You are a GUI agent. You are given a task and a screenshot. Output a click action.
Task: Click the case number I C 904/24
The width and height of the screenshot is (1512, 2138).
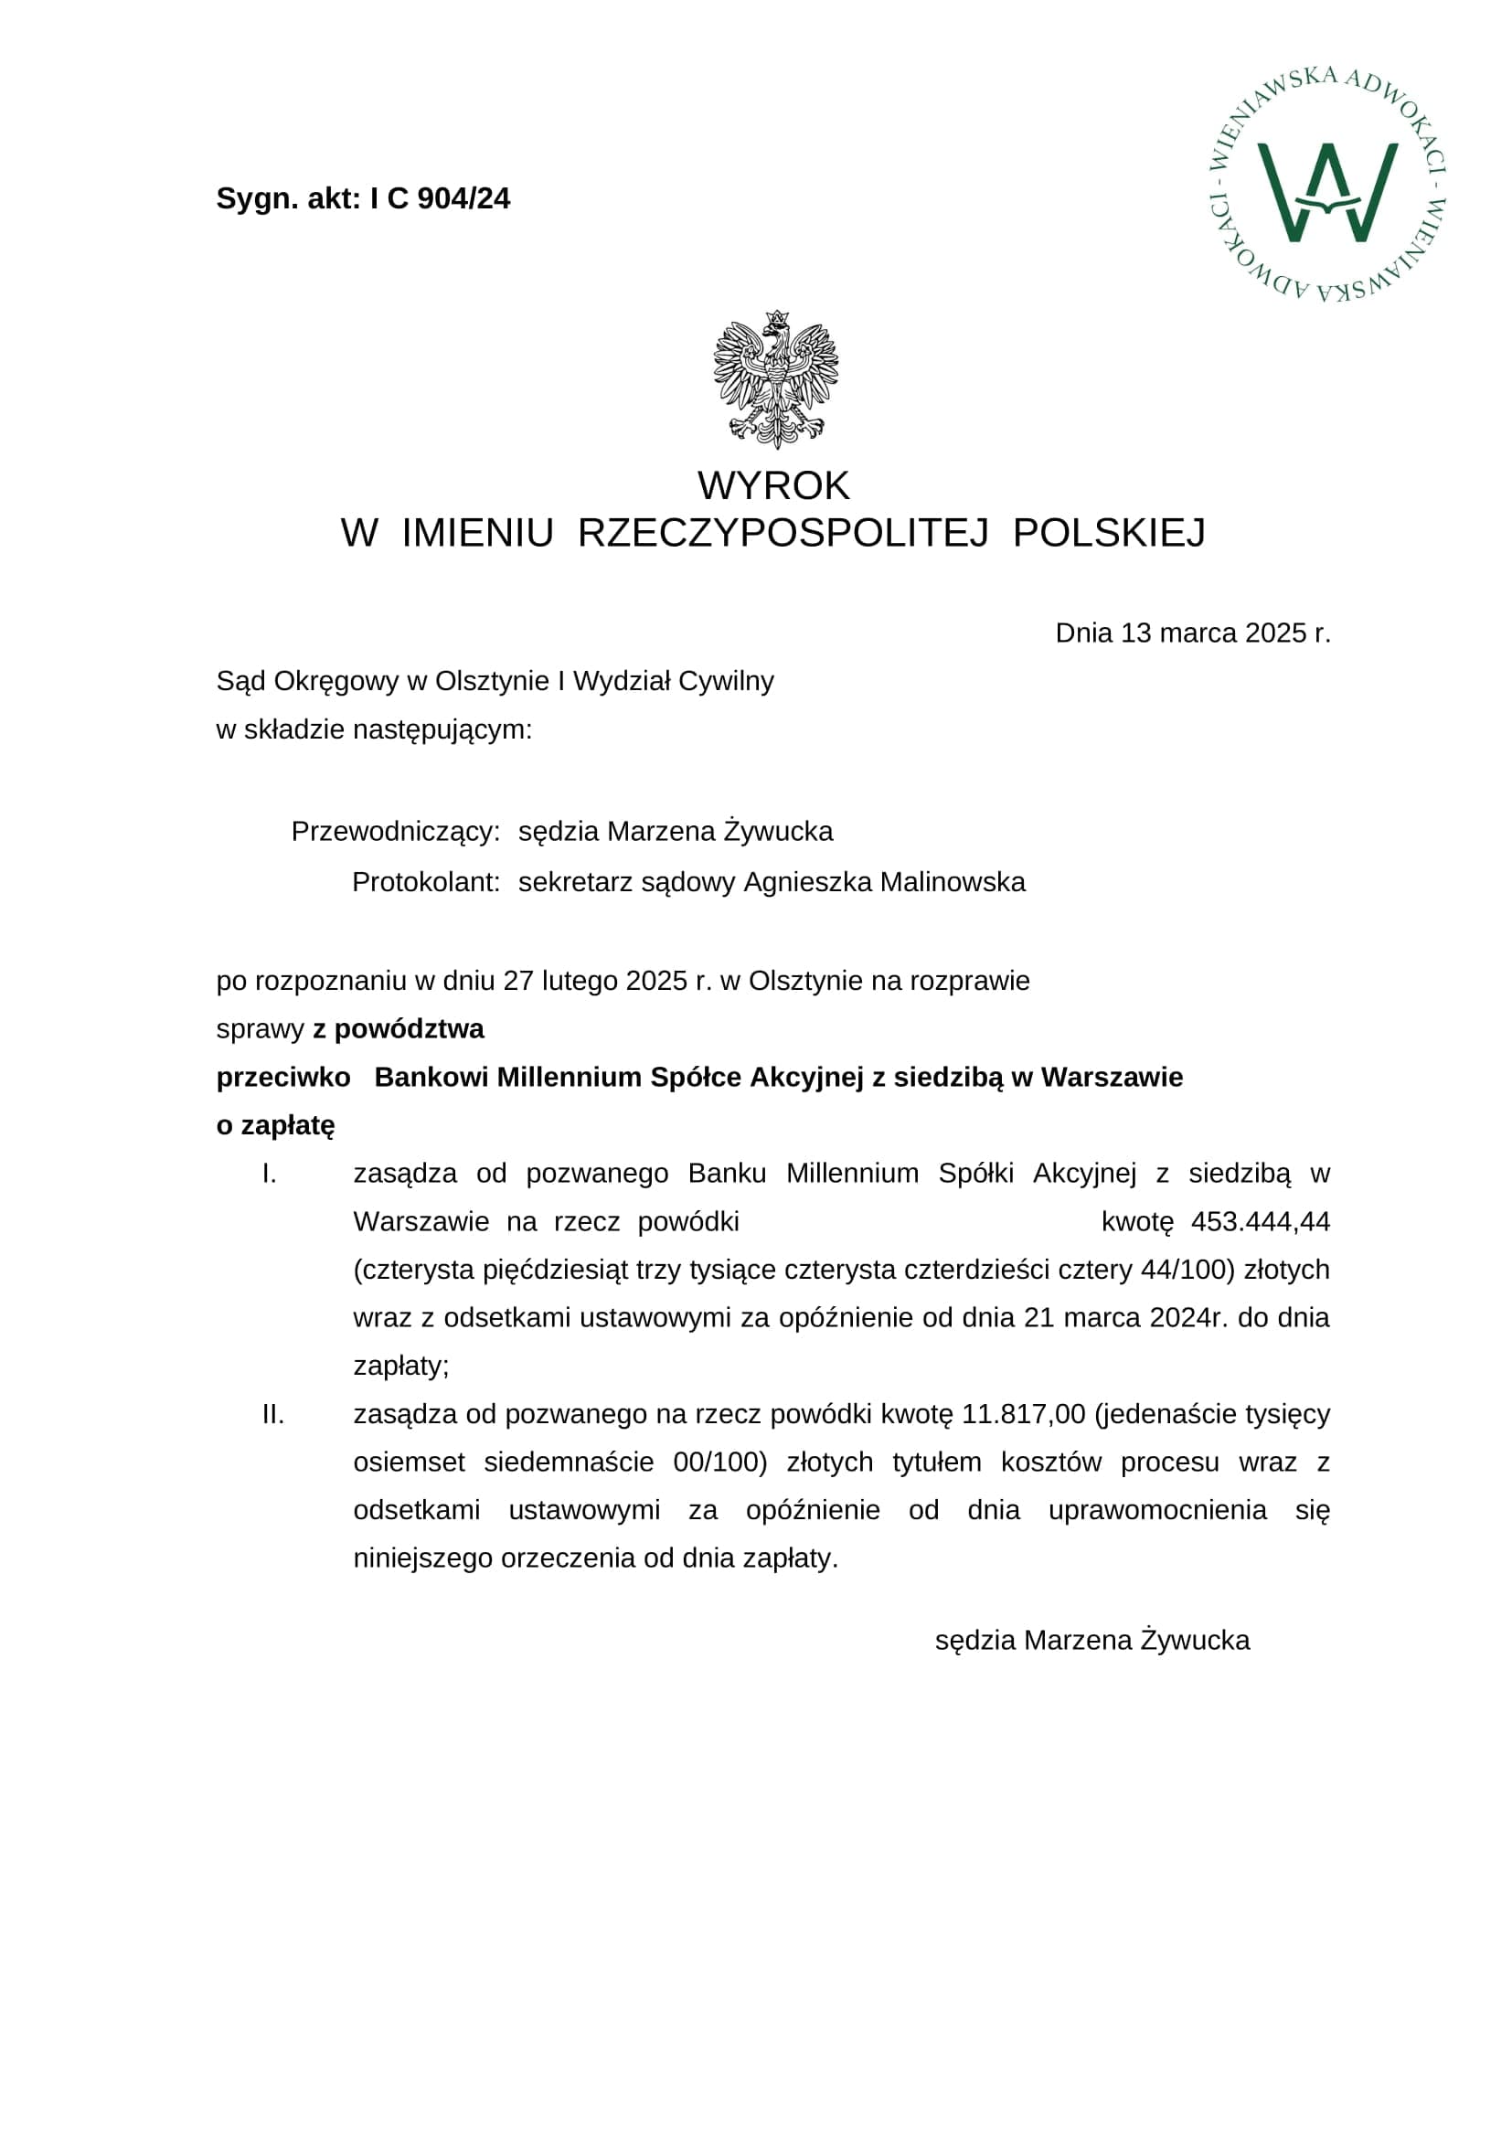(440, 199)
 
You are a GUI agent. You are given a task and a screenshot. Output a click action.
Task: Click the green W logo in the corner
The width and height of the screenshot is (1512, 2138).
(1326, 191)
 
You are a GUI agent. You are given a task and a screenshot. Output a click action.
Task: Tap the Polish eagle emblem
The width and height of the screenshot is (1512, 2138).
(775, 379)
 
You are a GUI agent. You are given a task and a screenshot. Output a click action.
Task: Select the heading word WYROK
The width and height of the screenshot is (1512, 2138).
(772, 486)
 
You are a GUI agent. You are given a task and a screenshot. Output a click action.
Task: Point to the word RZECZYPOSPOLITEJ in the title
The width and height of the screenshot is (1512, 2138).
(783, 534)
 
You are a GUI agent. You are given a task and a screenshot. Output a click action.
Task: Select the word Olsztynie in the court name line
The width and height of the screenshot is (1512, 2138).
(492, 682)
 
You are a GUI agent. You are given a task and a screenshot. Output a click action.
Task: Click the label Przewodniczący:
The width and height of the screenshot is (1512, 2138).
(396, 832)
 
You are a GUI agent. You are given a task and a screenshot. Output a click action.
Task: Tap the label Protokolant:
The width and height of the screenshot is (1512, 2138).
(425, 882)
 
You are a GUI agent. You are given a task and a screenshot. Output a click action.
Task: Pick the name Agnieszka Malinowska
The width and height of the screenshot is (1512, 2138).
(885, 882)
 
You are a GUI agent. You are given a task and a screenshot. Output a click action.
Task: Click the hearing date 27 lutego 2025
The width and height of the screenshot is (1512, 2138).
(595, 982)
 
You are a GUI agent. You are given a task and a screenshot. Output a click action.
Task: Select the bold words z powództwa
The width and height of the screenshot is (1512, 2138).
(399, 1029)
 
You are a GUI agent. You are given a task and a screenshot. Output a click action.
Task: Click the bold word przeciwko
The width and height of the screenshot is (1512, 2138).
(283, 1078)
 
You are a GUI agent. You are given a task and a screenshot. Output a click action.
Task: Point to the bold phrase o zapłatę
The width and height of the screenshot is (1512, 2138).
(275, 1126)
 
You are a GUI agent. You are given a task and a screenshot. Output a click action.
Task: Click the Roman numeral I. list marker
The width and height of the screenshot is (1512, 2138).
(269, 1175)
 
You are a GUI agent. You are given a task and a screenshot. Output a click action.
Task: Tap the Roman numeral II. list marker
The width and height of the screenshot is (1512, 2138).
(272, 1414)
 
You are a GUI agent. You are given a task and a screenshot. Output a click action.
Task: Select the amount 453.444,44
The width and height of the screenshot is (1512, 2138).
(1261, 1222)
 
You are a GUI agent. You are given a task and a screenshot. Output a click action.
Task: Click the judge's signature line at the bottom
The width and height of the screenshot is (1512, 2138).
(1092, 1641)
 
